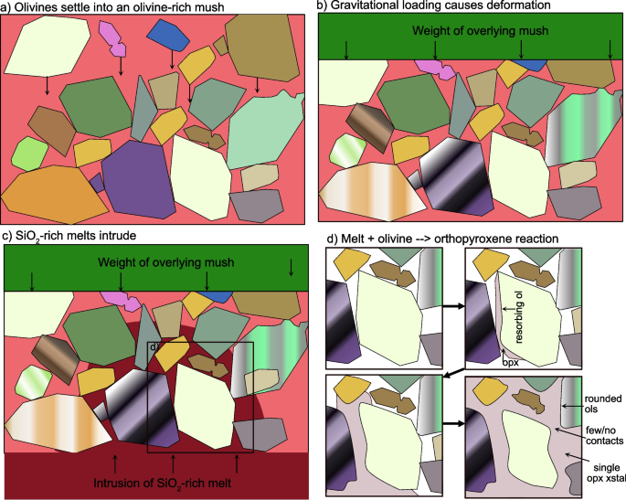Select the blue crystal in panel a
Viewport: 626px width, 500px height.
coord(168,35)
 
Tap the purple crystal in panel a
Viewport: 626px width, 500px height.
coord(139,180)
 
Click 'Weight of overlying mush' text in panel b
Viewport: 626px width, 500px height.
coord(481,31)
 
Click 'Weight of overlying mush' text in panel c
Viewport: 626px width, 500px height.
coord(165,262)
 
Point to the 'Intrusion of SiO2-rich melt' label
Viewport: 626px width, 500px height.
coord(162,484)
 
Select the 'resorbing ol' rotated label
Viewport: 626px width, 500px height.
coord(518,317)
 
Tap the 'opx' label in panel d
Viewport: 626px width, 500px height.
coord(510,363)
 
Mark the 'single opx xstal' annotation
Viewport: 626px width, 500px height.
coord(606,473)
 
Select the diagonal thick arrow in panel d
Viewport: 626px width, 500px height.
coord(453,374)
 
